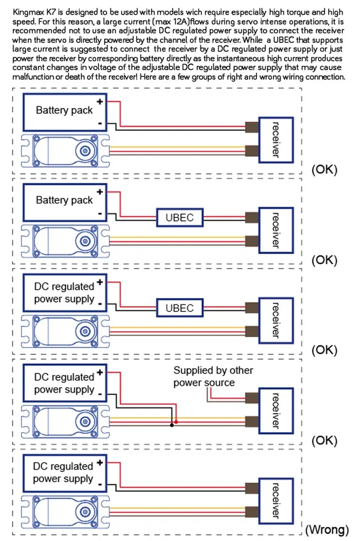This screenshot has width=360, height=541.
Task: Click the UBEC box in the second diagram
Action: click(x=179, y=217)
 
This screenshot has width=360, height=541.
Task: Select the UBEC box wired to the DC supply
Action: click(x=179, y=308)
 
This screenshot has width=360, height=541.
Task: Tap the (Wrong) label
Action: click(x=327, y=530)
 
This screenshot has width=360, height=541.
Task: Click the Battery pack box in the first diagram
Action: click(x=64, y=110)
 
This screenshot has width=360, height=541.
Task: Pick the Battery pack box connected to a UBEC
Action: click(x=64, y=200)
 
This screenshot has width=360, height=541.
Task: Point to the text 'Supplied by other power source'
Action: click(x=213, y=377)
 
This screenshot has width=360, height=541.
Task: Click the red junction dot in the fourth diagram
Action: click(x=177, y=422)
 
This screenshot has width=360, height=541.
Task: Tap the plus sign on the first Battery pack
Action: click(x=100, y=102)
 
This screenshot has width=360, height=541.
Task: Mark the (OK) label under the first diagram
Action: click(x=324, y=169)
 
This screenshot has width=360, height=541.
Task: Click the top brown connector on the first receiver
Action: click(x=252, y=127)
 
